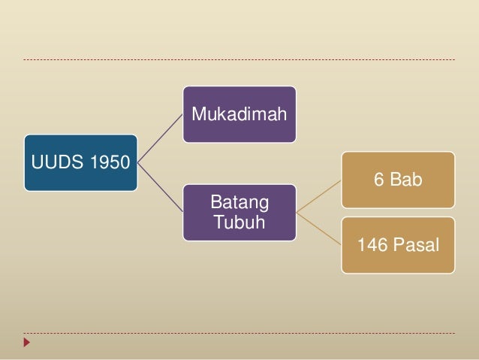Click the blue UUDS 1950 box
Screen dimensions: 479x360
80,162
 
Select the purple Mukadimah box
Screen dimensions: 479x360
239,114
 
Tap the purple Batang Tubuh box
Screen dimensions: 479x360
239,213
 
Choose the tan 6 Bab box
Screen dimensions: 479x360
398,180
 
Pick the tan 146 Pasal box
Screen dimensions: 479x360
398,245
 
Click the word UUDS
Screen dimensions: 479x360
50,162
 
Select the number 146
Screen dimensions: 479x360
372,245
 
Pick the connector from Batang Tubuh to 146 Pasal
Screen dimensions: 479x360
319,229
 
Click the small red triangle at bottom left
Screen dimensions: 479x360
27,343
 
